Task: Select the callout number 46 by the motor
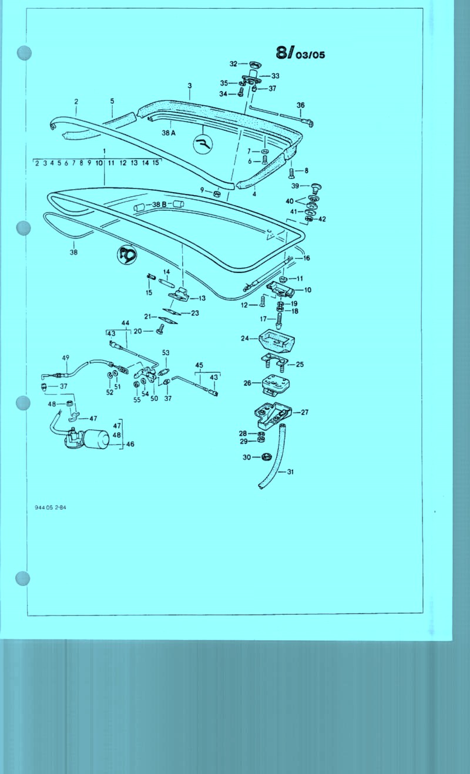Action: pos(130,445)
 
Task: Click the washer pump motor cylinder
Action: pos(96,438)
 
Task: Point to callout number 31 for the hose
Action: pos(290,472)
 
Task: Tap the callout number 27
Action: pos(304,412)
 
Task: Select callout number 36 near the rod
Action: pos(300,105)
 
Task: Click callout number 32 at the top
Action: pos(233,63)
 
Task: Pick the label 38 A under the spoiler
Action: pos(169,133)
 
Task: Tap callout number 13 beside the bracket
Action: pos(202,298)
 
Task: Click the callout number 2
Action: pos(76,102)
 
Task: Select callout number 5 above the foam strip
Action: pos(112,101)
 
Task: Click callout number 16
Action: pos(306,258)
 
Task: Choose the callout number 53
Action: pos(166,352)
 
